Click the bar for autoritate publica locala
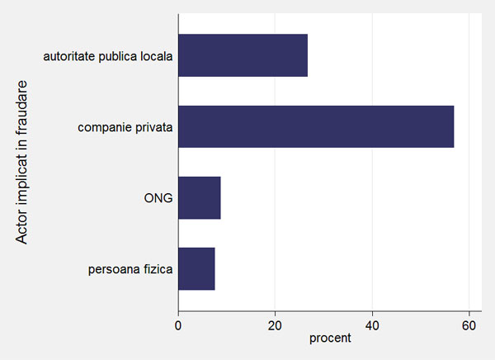point(243,55)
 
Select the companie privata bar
point(316,126)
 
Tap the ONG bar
point(200,198)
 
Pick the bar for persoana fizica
point(196,268)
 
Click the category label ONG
point(158,198)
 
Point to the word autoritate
point(69,56)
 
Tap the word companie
point(105,128)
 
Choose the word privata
point(154,127)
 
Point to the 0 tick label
point(178,325)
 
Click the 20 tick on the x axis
point(275,325)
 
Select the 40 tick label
point(372,325)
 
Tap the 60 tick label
point(469,325)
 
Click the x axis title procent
point(330,339)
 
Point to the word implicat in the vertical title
point(22,181)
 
